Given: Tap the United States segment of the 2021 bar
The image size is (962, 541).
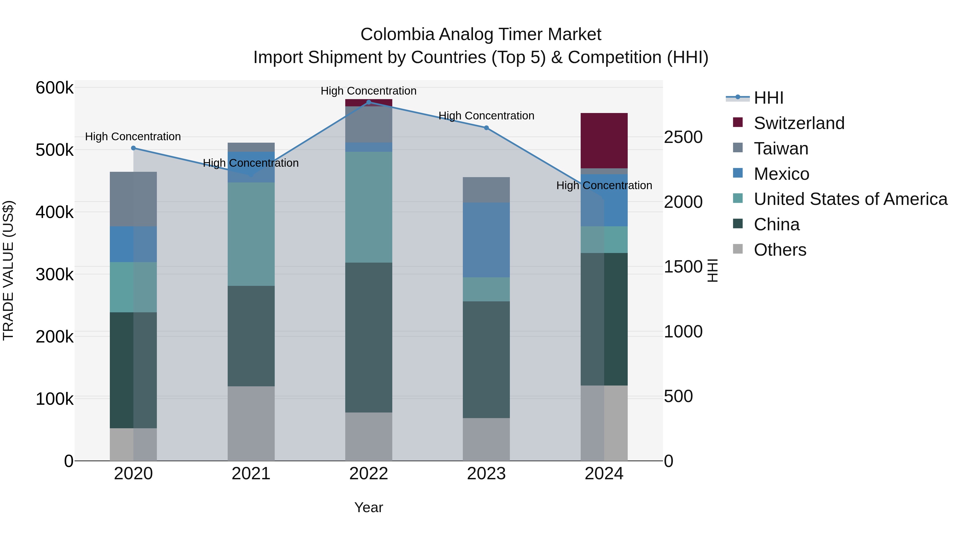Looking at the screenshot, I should pyautogui.click(x=251, y=234).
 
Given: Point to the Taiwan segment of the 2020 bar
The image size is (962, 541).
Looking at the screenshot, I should pyautogui.click(x=133, y=199).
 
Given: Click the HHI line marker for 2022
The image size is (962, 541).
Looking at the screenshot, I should pyautogui.click(x=368, y=102).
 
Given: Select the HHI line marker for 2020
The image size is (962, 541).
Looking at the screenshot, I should pyautogui.click(x=133, y=148).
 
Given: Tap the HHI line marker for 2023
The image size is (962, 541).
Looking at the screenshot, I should pyautogui.click(x=486, y=128).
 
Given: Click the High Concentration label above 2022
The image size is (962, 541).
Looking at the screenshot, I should pyautogui.click(x=368, y=91).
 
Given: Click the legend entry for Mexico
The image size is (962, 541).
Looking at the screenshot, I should pyautogui.click(x=781, y=174).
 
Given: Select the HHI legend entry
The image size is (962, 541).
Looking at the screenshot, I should pyautogui.click(x=768, y=98).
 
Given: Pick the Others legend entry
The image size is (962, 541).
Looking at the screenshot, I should pyautogui.click(x=780, y=250).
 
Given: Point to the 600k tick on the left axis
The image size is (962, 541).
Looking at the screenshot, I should pyautogui.click(x=55, y=88).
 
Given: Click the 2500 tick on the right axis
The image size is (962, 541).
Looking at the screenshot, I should pyautogui.click(x=683, y=137).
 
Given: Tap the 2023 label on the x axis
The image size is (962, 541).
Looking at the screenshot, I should pyautogui.click(x=486, y=474).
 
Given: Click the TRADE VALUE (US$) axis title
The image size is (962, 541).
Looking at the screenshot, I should pyautogui.click(x=9, y=270).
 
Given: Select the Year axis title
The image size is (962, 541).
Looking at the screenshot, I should pyautogui.click(x=368, y=507).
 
